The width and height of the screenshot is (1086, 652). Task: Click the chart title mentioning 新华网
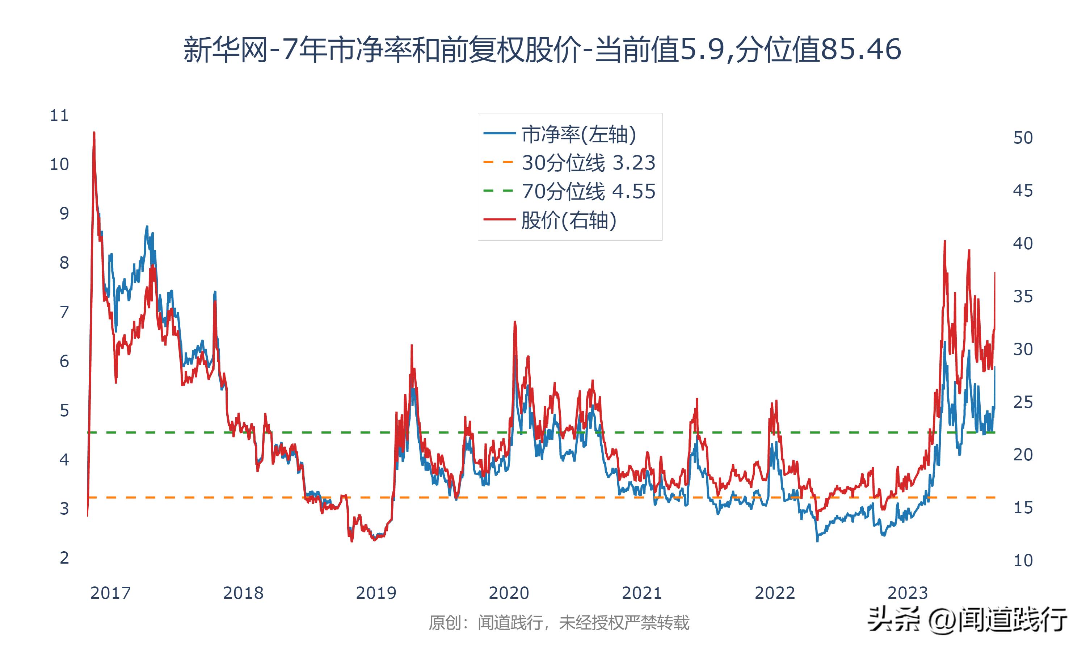543,50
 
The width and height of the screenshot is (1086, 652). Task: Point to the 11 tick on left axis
59,116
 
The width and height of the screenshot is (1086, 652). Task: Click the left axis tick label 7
64,312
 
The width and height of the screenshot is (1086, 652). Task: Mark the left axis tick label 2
64,558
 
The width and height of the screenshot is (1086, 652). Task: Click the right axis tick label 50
1023,138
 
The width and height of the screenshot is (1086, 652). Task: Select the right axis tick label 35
1023,297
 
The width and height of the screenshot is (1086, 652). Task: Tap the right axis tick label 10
1023,561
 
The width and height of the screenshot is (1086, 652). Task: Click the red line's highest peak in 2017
94,132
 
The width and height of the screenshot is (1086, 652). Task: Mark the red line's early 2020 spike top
514,322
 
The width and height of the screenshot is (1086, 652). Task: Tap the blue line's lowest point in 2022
817,541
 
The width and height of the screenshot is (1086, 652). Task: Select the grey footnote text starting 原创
559,623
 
